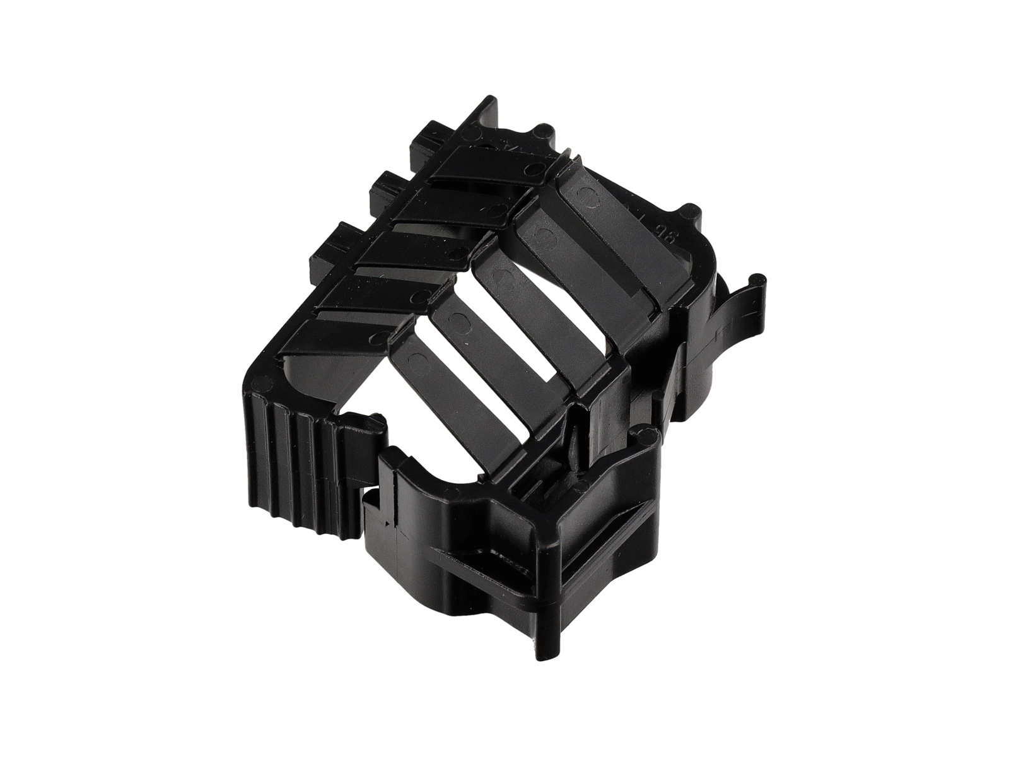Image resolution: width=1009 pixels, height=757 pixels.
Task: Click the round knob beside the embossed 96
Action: [692, 211]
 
